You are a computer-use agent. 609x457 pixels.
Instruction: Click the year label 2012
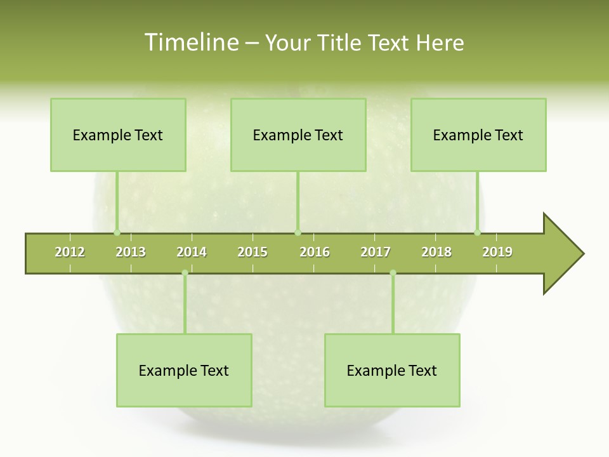pos(70,252)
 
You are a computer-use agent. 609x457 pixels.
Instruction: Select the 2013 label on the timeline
pos(131,252)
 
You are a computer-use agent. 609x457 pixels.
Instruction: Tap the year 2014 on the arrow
pos(192,252)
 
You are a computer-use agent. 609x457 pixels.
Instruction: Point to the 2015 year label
pos(252,252)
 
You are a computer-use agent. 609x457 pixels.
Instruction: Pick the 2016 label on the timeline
pos(315,252)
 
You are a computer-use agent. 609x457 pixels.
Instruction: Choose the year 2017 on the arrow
pos(376,252)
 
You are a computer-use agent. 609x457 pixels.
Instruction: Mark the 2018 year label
pos(436,252)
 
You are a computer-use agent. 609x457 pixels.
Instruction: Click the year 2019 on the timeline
pos(497,252)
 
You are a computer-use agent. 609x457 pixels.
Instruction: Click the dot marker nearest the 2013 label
pos(117,232)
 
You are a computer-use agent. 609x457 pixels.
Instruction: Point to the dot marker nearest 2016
pos(298,232)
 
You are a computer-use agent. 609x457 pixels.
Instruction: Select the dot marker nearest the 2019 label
pos(478,232)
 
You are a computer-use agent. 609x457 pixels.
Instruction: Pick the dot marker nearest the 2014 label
pos(185,273)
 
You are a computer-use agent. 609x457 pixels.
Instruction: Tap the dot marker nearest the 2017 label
pos(393,273)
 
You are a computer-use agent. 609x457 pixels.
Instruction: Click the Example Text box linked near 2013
pos(118,135)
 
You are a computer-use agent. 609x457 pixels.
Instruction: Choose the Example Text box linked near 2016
pos(298,135)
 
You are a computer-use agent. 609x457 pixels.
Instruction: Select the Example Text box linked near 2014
pos(184,370)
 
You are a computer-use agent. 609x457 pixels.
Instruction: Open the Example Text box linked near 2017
pos(392,370)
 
